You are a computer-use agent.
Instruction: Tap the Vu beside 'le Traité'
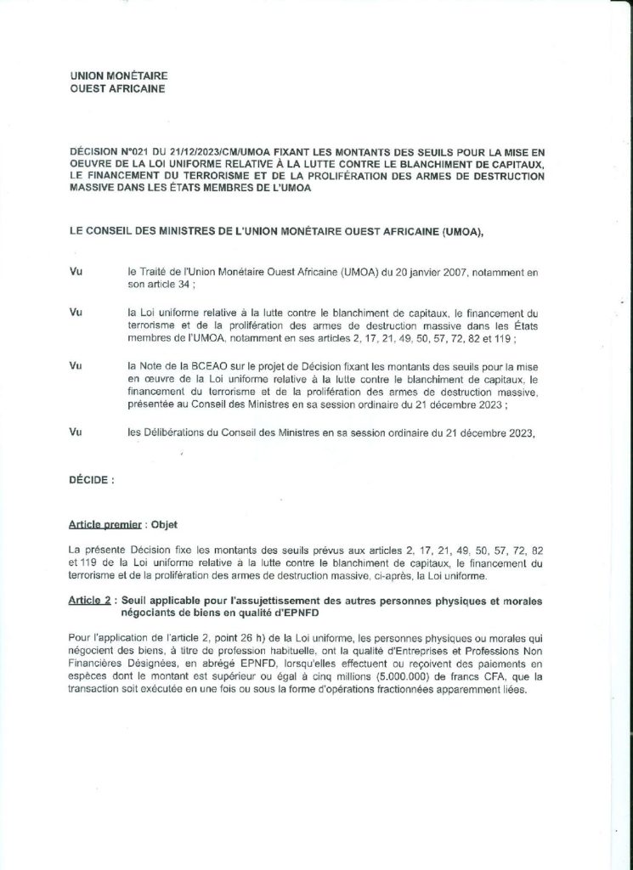pos(76,269)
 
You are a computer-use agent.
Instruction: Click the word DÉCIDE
pos(90,480)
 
